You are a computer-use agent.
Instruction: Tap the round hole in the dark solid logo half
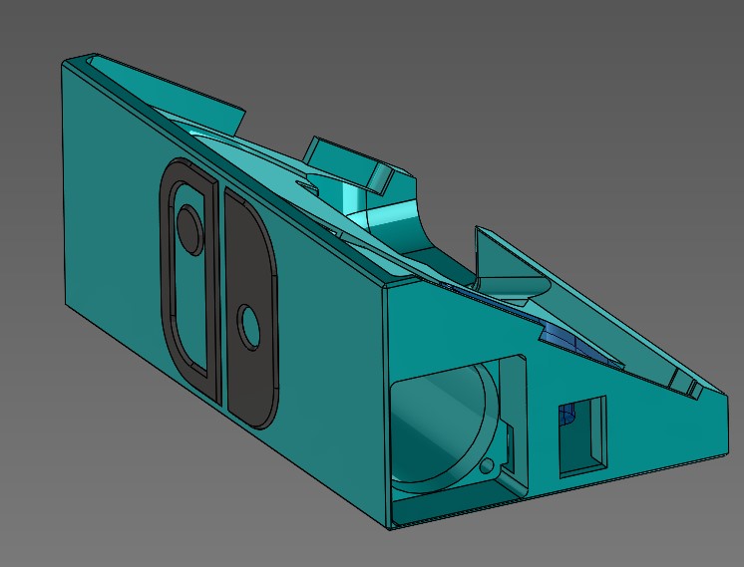(x=246, y=326)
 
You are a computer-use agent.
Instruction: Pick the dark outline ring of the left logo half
(x=166, y=269)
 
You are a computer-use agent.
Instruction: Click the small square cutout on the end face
(x=582, y=434)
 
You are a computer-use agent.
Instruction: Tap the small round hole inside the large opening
(x=487, y=466)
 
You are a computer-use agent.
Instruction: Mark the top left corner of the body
(x=64, y=61)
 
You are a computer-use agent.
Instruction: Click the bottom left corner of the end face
(x=391, y=527)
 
